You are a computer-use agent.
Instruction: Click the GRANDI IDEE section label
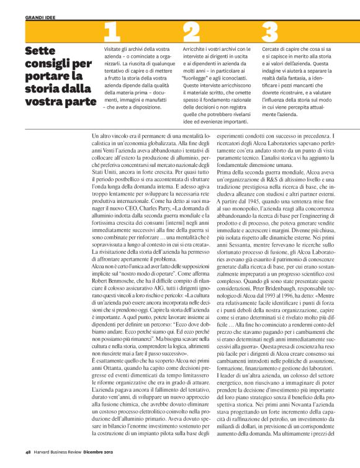(x=42, y=19)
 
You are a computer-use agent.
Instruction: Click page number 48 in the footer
(x=29, y=451)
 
